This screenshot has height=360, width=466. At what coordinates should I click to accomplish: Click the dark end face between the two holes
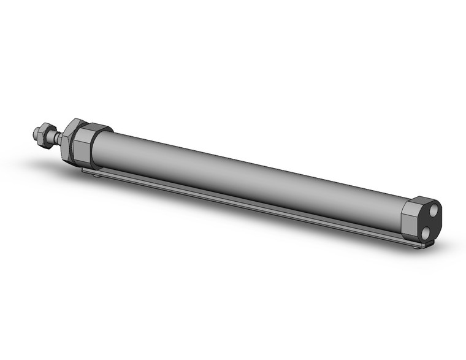(431, 221)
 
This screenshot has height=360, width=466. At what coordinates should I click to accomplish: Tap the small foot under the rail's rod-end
(96, 175)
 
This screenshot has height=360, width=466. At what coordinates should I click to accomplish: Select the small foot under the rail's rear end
(418, 247)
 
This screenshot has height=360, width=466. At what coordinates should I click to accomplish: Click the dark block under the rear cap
(426, 243)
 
